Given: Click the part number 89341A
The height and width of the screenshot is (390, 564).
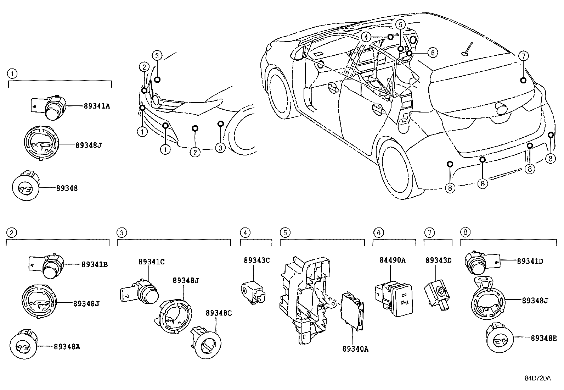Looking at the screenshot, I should click(x=97, y=106).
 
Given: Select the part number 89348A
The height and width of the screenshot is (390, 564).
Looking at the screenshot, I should click(x=67, y=347).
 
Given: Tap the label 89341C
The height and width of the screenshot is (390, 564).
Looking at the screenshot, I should click(x=151, y=262).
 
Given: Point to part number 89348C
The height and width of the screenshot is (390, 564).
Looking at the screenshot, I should click(x=219, y=313).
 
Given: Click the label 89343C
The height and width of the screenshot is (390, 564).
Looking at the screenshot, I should click(x=256, y=260).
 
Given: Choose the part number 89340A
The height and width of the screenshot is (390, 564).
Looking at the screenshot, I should click(x=355, y=349).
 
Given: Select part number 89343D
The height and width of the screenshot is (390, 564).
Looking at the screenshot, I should click(x=439, y=260).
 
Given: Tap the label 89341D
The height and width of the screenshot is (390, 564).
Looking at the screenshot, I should click(x=530, y=262).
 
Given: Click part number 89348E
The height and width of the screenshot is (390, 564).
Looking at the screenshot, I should click(x=544, y=338).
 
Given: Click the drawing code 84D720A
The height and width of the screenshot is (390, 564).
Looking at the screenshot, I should click(x=538, y=378).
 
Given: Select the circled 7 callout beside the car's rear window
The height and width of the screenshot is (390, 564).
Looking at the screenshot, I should click(x=524, y=56).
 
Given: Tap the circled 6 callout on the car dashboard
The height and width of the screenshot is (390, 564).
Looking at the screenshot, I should click(x=433, y=53).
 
